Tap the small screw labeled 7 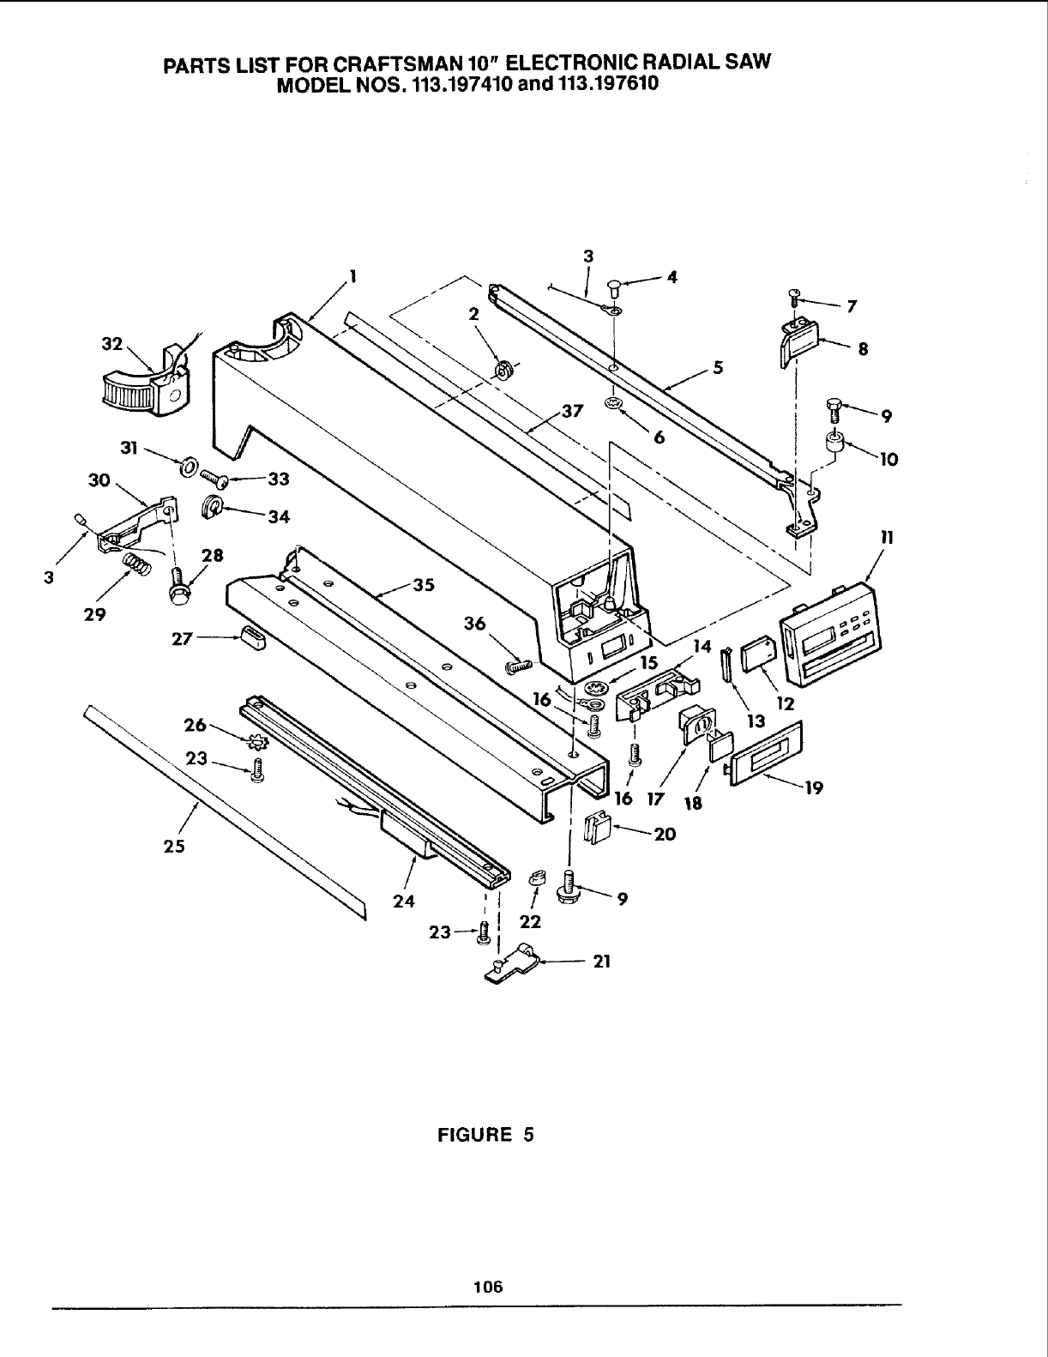(794, 299)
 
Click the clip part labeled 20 (597, 829)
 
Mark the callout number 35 (424, 587)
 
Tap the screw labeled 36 (520, 663)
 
